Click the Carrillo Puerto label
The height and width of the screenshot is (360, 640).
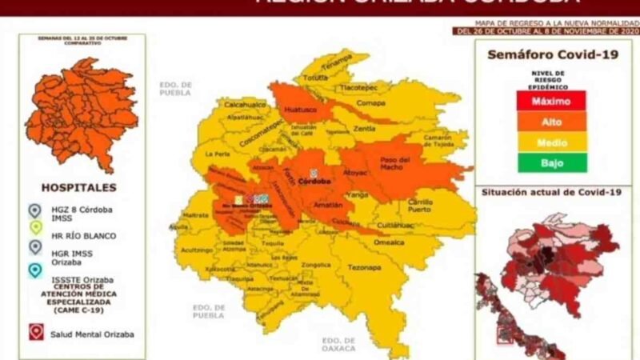pos(421,205)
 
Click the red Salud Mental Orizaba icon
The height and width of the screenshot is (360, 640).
pos(35,331)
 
